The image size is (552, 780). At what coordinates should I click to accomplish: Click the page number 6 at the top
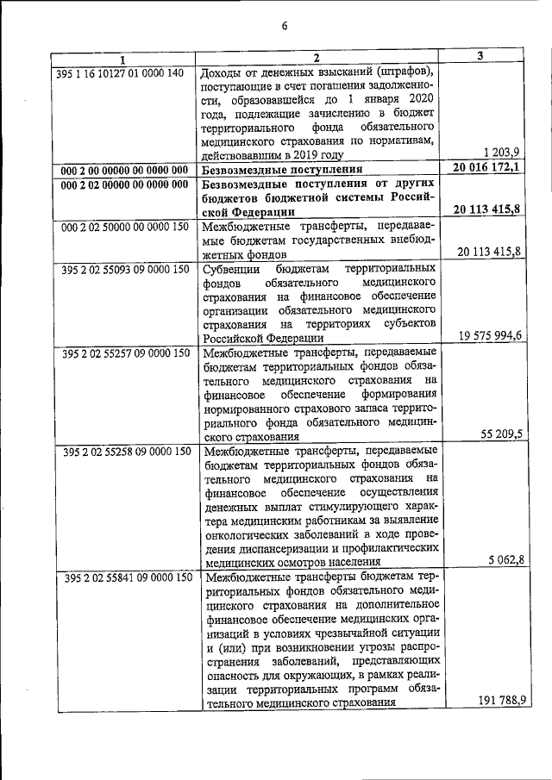point(284,25)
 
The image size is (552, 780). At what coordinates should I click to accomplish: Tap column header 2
point(317,58)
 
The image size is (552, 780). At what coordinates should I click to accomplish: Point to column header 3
point(480,56)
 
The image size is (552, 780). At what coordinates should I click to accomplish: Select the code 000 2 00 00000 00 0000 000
point(124,170)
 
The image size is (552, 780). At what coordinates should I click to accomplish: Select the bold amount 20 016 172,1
point(486,168)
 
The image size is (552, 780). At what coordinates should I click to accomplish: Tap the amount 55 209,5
point(499,434)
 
